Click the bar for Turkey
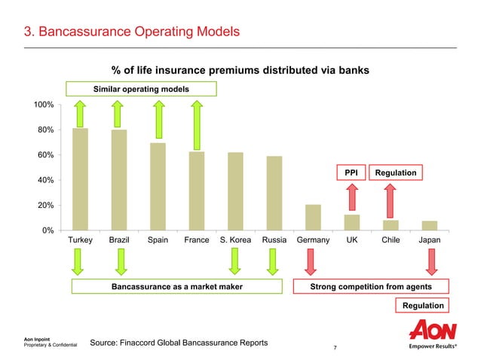pos(81,179)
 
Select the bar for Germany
pos(313,217)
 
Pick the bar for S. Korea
pos(235,191)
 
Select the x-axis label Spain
pos(158,240)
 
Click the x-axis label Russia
pos(274,240)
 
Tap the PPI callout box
pos(351,173)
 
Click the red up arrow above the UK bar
pos(351,198)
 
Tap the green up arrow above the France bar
pos(197,124)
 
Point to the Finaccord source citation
pos(179,343)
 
